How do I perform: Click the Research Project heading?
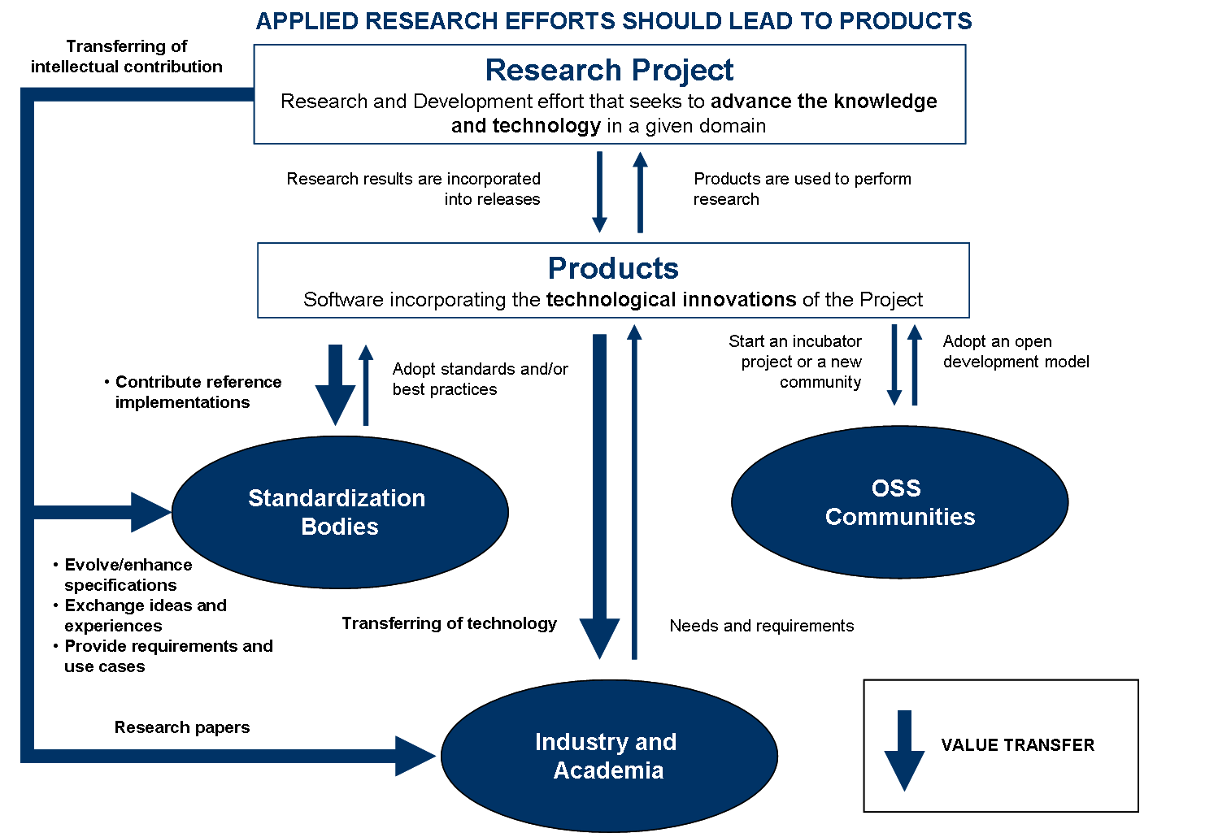click(x=609, y=71)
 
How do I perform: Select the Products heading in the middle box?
click(x=613, y=268)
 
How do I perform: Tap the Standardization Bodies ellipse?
click(x=340, y=512)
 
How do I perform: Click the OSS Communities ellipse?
click(x=899, y=502)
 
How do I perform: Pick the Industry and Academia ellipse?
click(x=608, y=756)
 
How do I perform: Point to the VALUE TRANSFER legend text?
click(x=1017, y=745)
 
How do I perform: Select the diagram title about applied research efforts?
click(x=614, y=21)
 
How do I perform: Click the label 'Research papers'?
click(x=182, y=727)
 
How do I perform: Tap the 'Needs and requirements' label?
click(x=762, y=626)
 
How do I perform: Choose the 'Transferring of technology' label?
click(x=449, y=623)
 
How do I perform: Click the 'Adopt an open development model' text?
click(x=1016, y=352)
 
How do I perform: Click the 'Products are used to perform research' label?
click(x=802, y=189)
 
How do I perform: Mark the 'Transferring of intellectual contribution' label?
click(x=127, y=57)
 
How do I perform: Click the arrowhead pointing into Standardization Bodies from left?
click(x=151, y=512)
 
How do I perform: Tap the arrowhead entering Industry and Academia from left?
click(x=415, y=756)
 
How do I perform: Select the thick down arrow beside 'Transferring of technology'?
click(x=600, y=496)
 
